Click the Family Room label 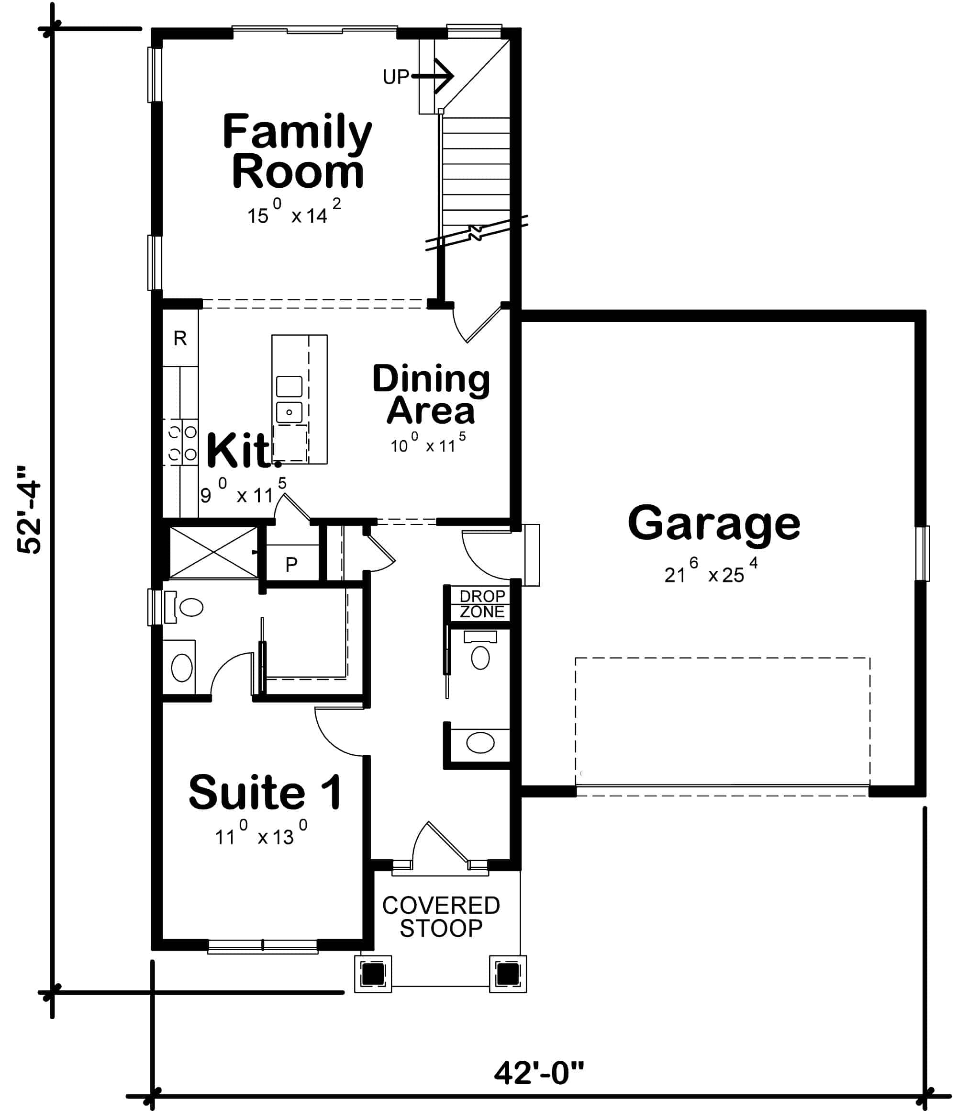pos(297,151)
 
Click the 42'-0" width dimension pos(538,1073)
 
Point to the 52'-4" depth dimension pos(29,509)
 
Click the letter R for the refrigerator pos(180,339)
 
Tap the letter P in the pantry pos(291,565)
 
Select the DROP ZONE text pos(481,604)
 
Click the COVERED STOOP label pos(441,916)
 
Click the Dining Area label pos(431,395)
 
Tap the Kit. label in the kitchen pos(240,451)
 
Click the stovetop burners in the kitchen pos(182,443)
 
